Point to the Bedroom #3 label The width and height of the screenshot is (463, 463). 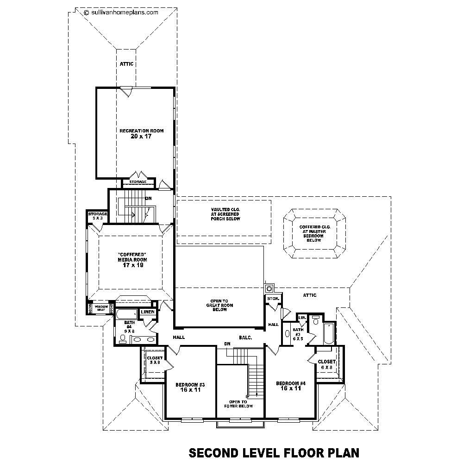(190, 385)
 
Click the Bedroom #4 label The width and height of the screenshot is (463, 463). (291, 383)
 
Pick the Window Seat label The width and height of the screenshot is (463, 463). (101, 307)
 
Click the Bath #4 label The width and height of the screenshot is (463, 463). (129, 325)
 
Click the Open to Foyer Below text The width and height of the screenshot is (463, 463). (238, 404)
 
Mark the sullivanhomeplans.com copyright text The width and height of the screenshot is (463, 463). (121, 13)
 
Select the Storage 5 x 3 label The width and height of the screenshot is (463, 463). (98, 215)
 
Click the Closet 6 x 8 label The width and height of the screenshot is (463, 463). (326, 364)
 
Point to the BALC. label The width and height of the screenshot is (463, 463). (245, 338)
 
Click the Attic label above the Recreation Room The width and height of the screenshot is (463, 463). (126, 64)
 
